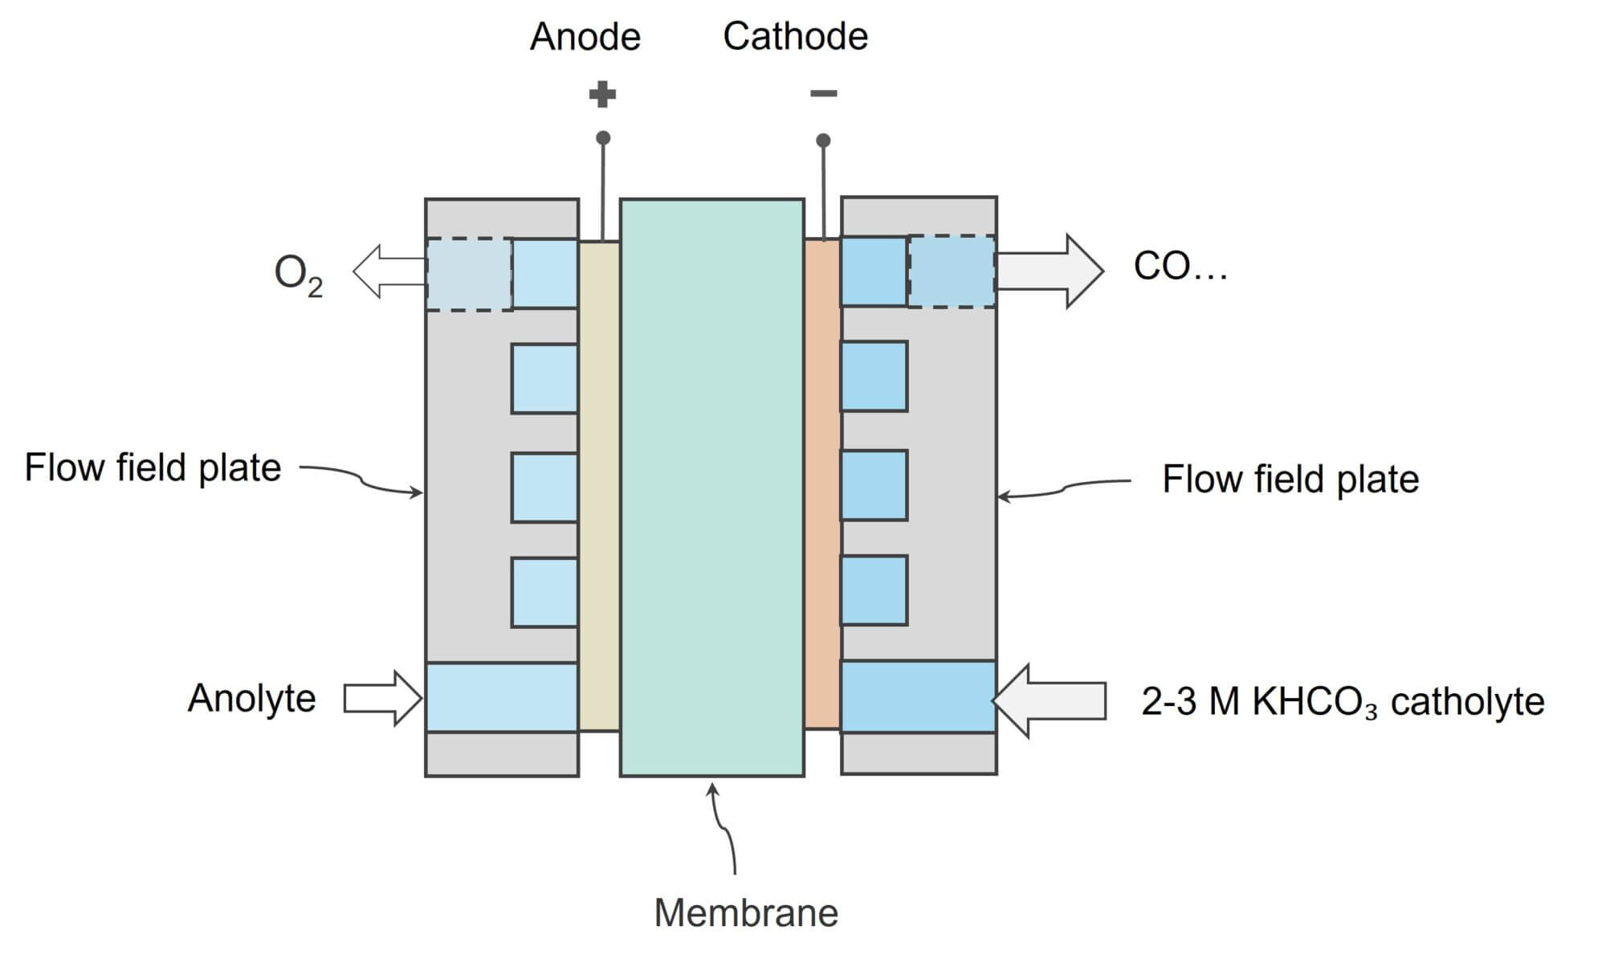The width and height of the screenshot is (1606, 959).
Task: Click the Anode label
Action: pos(585,37)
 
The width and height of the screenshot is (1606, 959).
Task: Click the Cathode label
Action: pos(795,36)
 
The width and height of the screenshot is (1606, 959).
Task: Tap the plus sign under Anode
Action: pos(602,95)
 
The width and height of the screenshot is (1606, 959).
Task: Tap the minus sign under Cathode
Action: pos(823,94)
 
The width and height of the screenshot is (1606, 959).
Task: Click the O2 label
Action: pos(298,275)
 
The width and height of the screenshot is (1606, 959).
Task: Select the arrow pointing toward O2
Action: pos(389,271)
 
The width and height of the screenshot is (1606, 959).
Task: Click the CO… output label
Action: pos(1180,266)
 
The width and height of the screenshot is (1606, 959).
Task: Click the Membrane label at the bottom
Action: pos(745,913)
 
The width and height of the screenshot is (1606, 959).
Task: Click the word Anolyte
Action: pos(251,698)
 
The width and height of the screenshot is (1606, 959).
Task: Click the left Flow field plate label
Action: pos(153,467)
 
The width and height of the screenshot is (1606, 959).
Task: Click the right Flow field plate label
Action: pos(1290,479)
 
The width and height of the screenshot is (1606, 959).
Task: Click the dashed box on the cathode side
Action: pos(952,271)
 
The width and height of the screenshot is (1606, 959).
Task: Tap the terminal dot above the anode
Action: pos(603,138)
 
